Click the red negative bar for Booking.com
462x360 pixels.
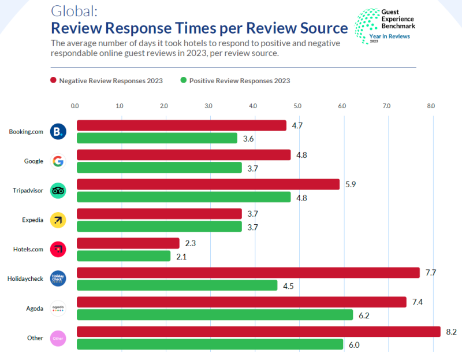coord(181,125)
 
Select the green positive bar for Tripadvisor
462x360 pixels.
coord(184,198)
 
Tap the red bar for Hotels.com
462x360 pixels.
coord(128,243)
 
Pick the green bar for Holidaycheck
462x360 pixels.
coord(177,285)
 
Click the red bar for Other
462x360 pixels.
coord(259,332)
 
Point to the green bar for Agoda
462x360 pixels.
coord(215,315)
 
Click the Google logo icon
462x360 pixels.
coord(58,161)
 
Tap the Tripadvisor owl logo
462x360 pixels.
coord(58,191)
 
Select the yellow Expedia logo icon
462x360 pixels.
coord(58,220)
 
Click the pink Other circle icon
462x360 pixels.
coord(58,338)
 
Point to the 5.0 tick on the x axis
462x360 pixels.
coord(297,106)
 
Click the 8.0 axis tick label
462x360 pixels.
coord(431,106)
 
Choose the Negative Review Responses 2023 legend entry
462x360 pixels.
coord(106,80)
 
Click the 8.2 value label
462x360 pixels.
coord(451,332)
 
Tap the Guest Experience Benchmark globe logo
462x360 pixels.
coord(366,23)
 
